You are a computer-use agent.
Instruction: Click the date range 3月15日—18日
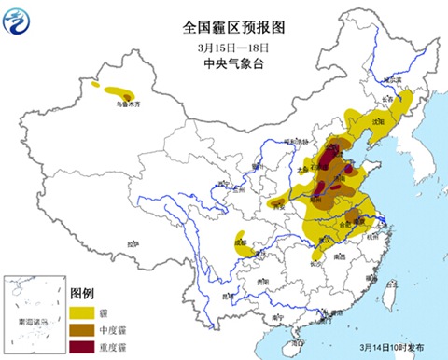point(228,48)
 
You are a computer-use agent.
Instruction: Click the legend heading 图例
point(94,292)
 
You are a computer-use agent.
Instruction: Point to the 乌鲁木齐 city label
point(122,104)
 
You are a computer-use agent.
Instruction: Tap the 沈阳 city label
point(378,121)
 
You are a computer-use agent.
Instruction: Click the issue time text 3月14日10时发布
point(391,345)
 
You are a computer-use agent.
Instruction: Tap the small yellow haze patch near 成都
point(240,240)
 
